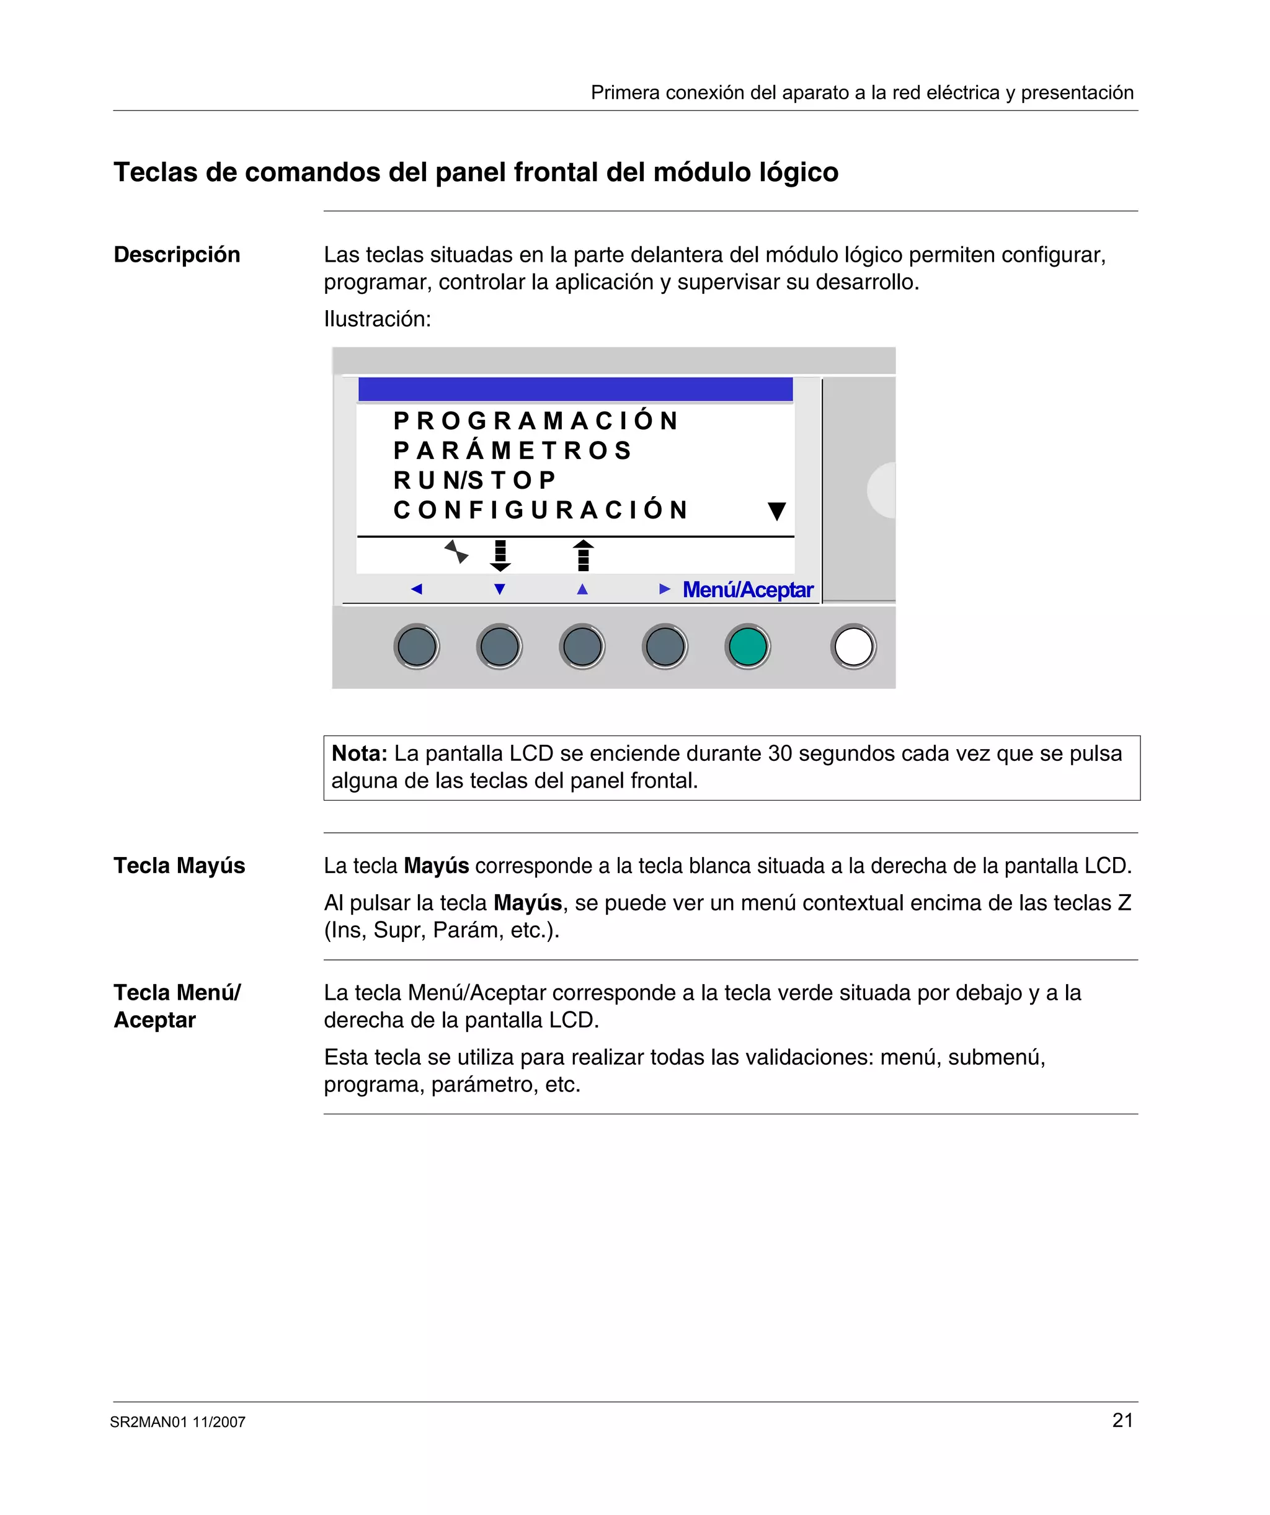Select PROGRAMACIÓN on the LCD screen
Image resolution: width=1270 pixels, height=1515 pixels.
click(x=535, y=420)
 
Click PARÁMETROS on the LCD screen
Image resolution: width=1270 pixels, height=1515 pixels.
click(x=512, y=451)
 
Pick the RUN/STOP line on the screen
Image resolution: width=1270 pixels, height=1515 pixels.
click(x=475, y=481)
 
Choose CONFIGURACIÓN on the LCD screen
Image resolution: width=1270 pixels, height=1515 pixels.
click(x=541, y=510)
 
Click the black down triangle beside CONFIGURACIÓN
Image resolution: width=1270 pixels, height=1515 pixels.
click(x=776, y=512)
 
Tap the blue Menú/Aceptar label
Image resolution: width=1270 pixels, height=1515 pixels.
click(x=748, y=590)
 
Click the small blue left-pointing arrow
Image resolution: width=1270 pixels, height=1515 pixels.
click(x=416, y=589)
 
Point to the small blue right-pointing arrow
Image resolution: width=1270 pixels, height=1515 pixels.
click(x=665, y=589)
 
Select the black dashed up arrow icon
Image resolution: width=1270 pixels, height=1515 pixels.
click(x=583, y=556)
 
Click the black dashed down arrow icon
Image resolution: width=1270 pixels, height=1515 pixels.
click(x=500, y=556)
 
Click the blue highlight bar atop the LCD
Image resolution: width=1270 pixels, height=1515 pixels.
click(x=575, y=389)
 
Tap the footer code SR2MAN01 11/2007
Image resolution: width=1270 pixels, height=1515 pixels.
click(x=177, y=1422)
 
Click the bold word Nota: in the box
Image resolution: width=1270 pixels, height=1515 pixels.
click(x=359, y=754)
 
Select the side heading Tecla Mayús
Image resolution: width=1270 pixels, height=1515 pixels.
click(x=179, y=866)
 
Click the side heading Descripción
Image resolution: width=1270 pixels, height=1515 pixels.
click(x=177, y=255)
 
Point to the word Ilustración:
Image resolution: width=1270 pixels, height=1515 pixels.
click(x=376, y=319)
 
